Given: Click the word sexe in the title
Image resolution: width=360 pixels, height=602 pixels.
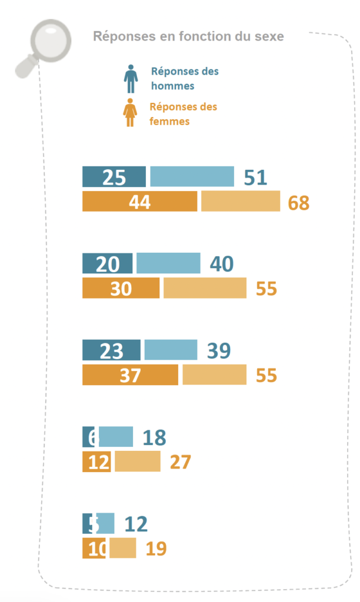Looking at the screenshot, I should (x=269, y=36).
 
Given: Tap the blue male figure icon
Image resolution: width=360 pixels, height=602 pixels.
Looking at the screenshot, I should (x=130, y=78).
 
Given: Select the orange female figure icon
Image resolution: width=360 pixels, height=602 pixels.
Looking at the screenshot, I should (x=130, y=112).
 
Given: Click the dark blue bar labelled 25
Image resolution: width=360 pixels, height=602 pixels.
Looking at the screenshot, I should (x=114, y=176).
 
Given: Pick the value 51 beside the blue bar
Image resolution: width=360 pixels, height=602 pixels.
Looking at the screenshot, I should (x=255, y=177).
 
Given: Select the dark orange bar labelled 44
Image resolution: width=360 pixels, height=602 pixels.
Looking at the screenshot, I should (x=139, y=202).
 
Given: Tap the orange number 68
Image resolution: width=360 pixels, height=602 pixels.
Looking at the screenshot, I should (x=298, y=203).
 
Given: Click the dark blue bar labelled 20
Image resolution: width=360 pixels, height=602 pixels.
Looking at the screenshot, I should (x=108, y=263).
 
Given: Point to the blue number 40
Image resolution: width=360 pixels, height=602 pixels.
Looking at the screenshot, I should (x=221, y=264).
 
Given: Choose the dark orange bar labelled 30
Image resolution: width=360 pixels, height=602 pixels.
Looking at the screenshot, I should (x=121, y=289).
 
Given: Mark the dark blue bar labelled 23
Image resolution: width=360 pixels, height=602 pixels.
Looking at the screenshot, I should (x=111, y=350).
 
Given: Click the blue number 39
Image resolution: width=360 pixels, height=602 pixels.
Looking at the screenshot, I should (x=219, y=351).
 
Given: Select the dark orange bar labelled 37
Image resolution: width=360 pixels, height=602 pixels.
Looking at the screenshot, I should (x=130, y=375).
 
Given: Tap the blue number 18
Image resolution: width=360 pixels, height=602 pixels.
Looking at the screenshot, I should (x=154, y=437).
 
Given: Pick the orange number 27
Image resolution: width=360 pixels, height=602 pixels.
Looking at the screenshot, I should (x=180, y=462).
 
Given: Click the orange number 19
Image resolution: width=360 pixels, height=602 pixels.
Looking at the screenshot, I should (x=156, y=549).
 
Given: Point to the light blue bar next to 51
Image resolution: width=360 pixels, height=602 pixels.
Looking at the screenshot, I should (x=192, y=176).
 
